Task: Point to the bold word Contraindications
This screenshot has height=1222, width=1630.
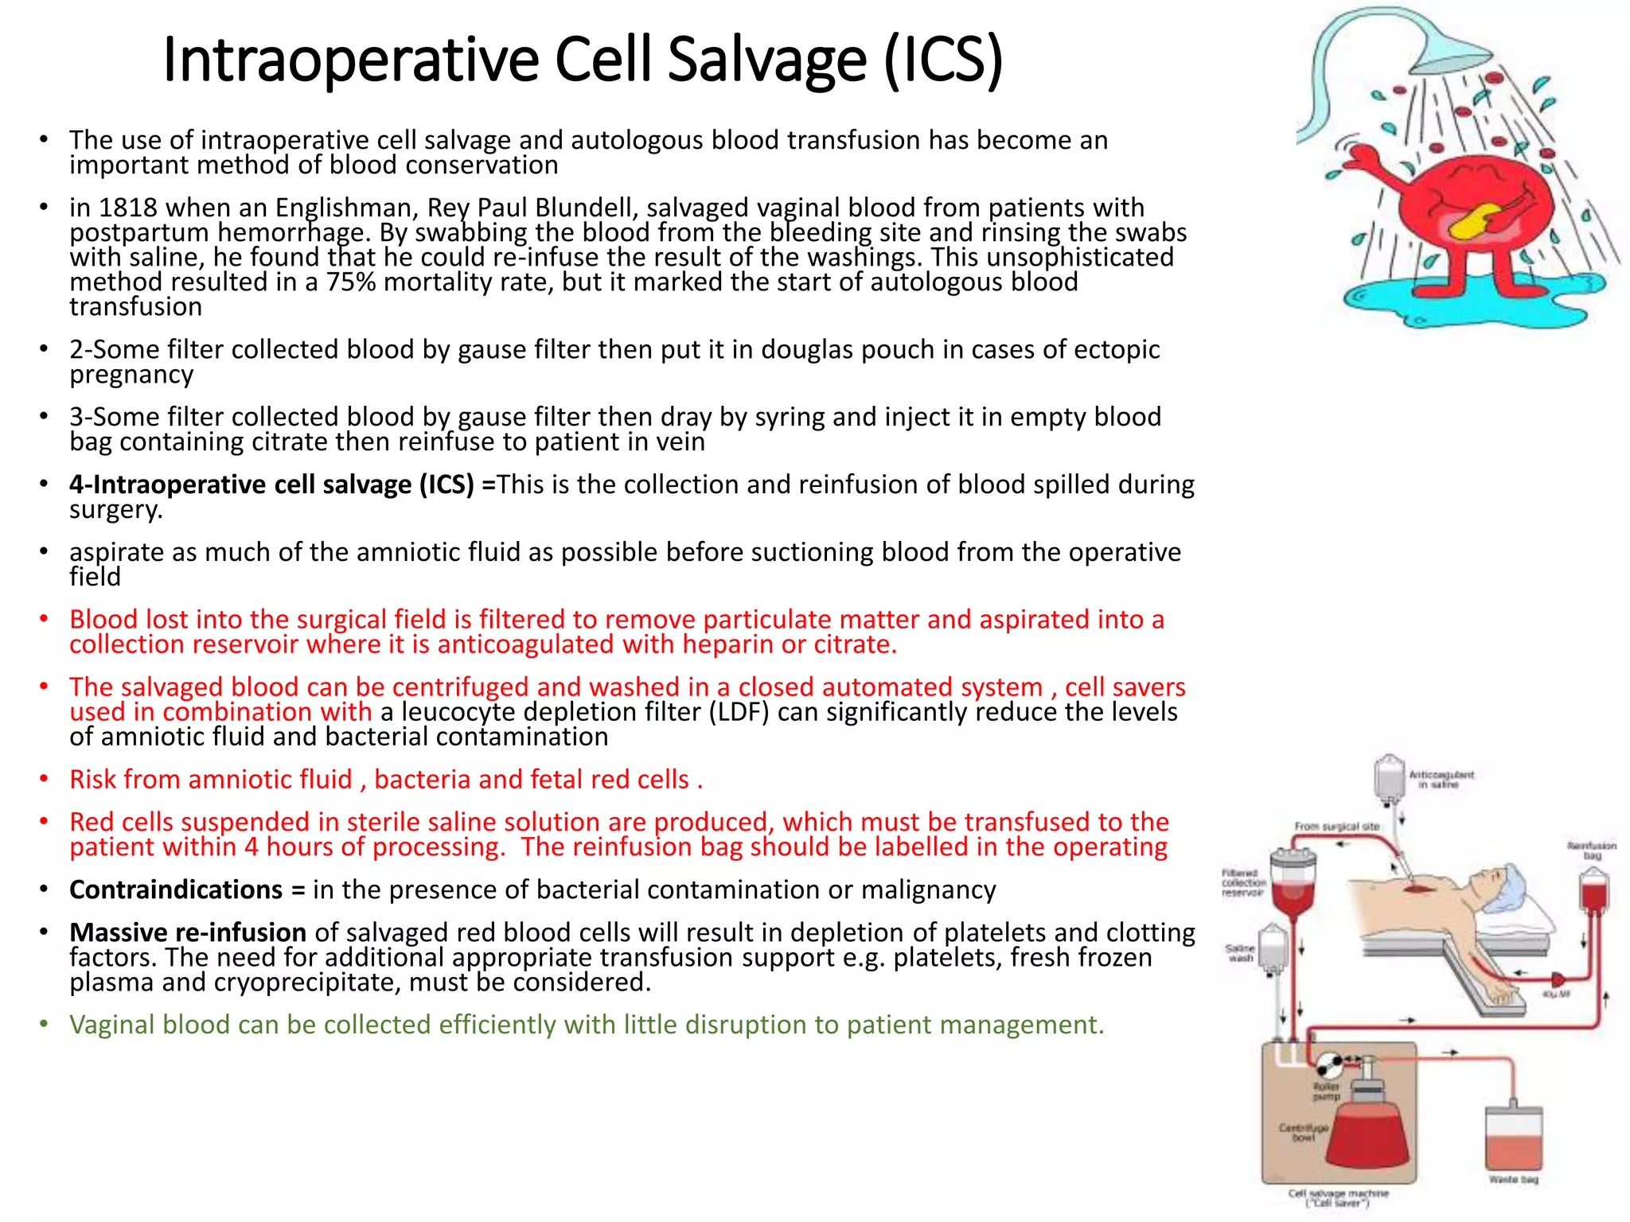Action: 176,889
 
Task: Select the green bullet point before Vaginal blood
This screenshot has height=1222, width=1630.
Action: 45,1025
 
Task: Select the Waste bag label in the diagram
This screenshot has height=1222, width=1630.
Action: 1514,1179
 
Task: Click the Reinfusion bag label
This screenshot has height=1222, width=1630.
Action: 1592,850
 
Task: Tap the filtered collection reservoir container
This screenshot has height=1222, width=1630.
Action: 1292,883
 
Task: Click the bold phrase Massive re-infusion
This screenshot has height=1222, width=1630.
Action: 188,932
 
